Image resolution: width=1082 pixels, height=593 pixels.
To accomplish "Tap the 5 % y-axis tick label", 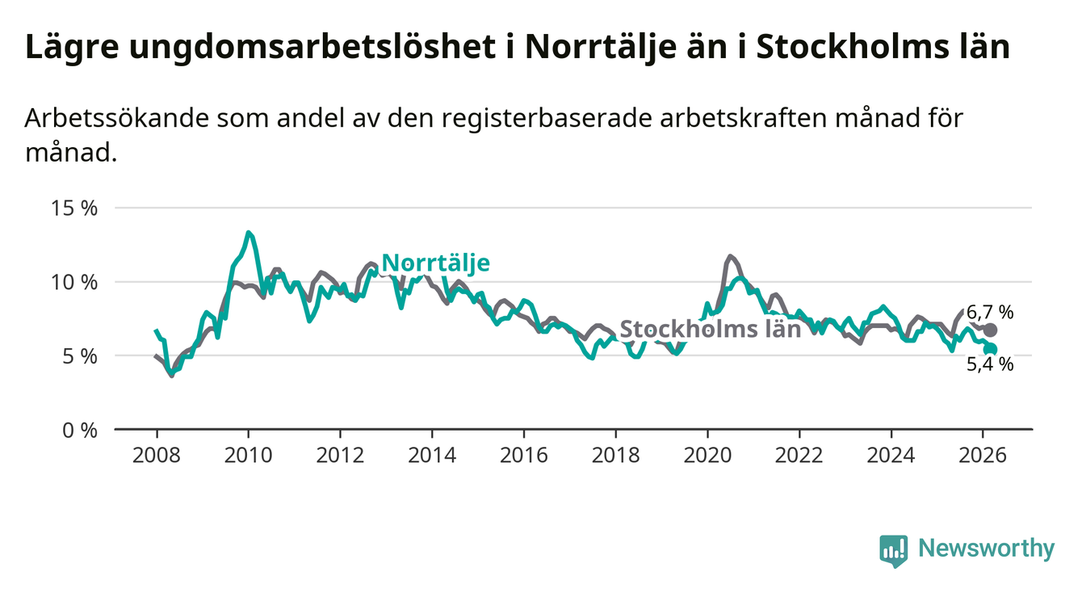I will (x=82, y=355).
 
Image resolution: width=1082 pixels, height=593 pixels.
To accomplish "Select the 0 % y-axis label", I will (x=82, y=430).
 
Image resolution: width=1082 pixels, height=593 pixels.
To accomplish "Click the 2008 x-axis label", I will (x=156, y=454).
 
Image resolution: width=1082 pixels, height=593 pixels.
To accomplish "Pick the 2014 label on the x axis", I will (x=431, y=454).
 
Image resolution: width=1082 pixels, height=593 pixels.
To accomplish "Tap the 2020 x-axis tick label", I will (x=707, y=454).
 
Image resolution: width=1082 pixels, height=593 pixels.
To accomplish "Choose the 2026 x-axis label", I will (x=983, y=454).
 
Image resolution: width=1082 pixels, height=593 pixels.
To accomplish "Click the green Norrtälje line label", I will (x=435, y=263).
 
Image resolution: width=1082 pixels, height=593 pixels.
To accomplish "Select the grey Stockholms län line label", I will (x=710, y=329).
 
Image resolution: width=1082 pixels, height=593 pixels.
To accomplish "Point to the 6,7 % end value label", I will (x=990, y=313).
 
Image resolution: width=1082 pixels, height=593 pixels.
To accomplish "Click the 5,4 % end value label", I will (x=990, y=364).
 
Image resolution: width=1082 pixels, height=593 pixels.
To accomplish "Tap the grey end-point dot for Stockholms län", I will (x=991, y=330).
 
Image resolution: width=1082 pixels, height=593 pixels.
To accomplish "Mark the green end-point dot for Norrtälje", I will (x=991, y=350).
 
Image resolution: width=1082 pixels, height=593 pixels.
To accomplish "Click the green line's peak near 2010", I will (x=249, y=233).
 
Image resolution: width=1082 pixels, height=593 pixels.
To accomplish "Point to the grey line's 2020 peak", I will (x=730, y=256).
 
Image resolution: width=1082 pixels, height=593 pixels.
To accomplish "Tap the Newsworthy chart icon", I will (x=893, y=550).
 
